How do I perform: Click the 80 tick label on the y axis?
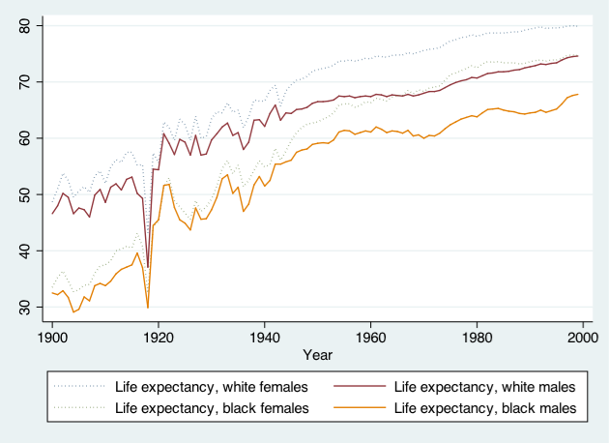tap(24, 26)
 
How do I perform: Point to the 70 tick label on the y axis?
tap(24, 82)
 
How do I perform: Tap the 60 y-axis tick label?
tap(24, 138)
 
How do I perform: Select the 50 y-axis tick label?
tap(24, 194)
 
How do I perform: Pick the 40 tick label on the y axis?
tap(24, 251)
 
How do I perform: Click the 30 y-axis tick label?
tap(24, 307)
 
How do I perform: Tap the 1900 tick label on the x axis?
tap(52, 338)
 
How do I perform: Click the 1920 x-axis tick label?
tap(159, 338)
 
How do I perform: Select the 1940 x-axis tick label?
tap(265, 338)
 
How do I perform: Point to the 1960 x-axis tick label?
tap(370, 338)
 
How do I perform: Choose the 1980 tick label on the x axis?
tap(477, 338)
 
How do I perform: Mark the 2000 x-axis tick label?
tap(583, 338)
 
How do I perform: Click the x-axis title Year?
tap(318, 355)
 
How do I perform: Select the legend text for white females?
tap(212, 387)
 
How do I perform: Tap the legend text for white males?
tap(484, 387)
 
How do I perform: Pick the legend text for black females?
tap(212, 408)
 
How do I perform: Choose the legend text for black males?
tap(485, 408)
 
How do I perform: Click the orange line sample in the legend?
tap(360, 407)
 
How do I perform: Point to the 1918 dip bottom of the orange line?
tap(148, 308)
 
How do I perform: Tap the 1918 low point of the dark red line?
tap(148, 267)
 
